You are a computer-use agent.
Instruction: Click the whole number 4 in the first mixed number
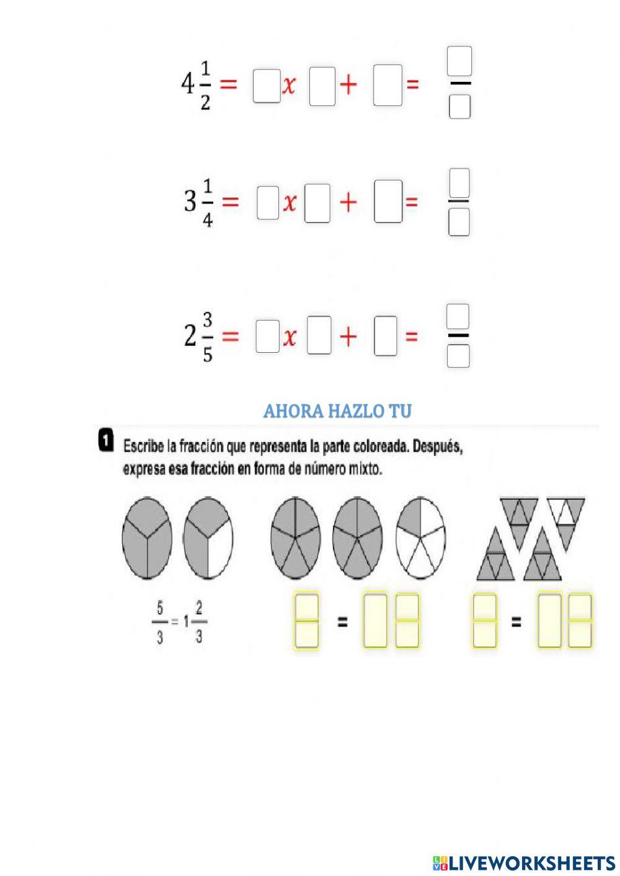(x=187, y=84)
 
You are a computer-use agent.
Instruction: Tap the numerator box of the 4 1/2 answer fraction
(x=459, y=61)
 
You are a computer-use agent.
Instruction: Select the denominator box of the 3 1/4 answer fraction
(x=459, y=222)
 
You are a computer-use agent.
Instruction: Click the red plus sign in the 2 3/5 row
(x=348, y=336)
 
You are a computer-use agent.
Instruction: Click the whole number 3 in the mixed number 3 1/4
(x=190, y=201)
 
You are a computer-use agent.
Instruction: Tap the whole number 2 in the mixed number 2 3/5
(x=190, y=336)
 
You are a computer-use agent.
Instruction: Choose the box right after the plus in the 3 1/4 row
(x=388, y=201)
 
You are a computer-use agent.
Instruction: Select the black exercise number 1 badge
(x=105, y=440)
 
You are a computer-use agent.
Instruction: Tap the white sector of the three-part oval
(x=220, y=551)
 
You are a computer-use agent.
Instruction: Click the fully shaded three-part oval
(x=147, y=538)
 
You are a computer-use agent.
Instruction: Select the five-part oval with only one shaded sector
(x=420, y=538)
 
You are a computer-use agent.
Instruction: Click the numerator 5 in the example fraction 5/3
(x=159, y=609)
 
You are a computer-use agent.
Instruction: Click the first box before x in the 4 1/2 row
(x=267, y=86)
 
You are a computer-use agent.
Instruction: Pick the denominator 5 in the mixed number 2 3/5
(x=208, y=355)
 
